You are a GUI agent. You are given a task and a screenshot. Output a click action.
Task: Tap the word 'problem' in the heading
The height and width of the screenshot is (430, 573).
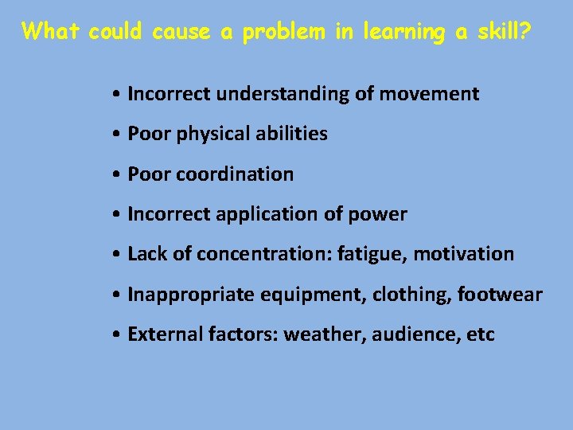point(283,33)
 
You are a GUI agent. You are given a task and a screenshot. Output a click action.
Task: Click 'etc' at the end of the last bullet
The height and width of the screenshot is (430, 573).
point(481,334)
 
